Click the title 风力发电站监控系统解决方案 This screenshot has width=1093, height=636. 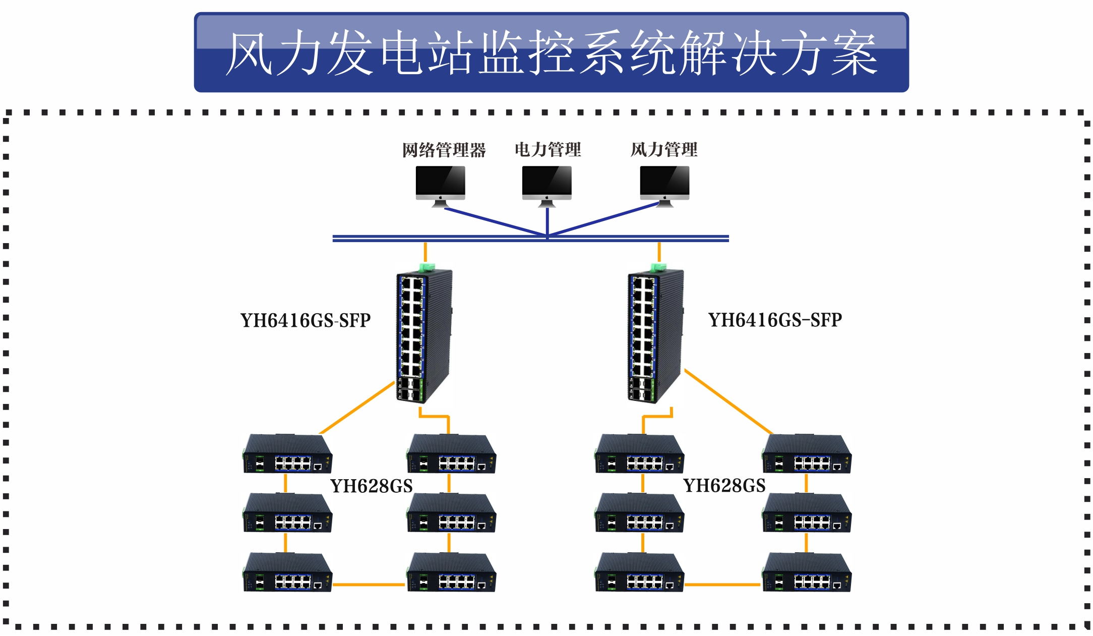551,52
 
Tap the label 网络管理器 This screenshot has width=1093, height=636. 444,150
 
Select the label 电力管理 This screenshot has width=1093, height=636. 548,149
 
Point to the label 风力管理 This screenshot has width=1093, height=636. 663,149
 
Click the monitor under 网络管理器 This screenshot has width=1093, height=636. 440,186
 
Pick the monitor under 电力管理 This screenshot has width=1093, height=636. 546,186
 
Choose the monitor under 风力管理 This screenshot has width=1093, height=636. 664,186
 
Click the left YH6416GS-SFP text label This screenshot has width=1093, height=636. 306,320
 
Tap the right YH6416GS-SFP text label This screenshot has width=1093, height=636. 775,320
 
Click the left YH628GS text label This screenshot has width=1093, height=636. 372,486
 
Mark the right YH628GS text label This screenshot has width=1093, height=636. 724,485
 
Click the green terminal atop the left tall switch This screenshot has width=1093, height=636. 427,267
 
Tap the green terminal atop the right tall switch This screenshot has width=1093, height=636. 658,267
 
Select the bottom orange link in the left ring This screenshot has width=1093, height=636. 369,585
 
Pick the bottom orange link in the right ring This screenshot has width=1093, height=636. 722,585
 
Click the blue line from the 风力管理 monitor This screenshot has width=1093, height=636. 605,219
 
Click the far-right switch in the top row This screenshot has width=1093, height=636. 807,454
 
